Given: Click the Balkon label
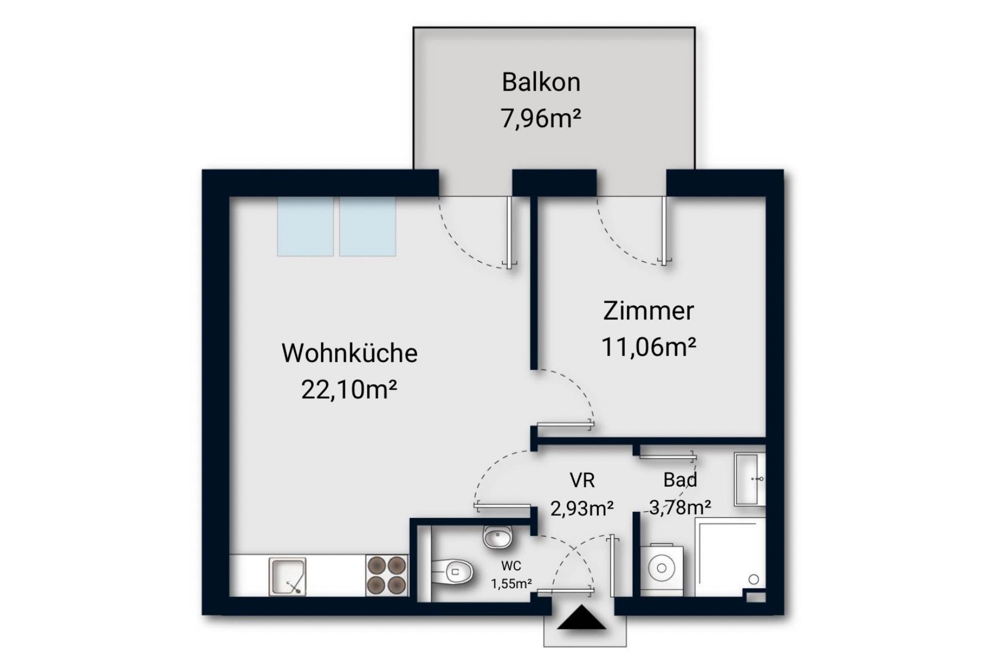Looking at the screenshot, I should (541, 82).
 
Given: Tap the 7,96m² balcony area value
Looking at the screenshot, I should (541, 119).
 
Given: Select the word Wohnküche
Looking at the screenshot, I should (349, 353).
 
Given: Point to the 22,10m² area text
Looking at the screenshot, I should (349, 389).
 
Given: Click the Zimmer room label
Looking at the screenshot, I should (648, 310).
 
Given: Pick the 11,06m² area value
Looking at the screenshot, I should (649, 346).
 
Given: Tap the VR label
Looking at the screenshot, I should (582, 480).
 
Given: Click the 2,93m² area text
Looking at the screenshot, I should (582, 508).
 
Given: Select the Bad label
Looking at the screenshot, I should (680, 480).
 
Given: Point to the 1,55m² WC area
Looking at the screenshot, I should (511, 584).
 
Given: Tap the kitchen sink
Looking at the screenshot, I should (287, 576).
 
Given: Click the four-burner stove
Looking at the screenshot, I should (386, 575).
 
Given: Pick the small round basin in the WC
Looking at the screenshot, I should (498, 537).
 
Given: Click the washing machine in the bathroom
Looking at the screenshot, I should (662, 569).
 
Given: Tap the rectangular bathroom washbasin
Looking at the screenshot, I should (749, 479).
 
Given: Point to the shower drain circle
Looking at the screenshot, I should (754, 579).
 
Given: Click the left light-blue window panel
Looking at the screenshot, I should (305, 226).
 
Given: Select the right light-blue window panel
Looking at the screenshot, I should (367, 226).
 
